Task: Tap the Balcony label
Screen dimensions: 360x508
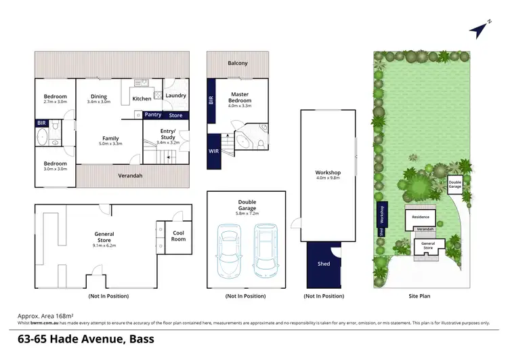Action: tap(237, 63)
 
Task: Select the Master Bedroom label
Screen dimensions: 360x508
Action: tap(241, 98)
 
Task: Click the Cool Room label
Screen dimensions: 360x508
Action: tap(177, 236)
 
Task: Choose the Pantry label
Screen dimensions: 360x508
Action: tap(153, 115)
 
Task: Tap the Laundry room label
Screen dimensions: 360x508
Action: tap(175, 96)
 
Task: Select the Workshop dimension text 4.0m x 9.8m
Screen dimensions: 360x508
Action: tap(328, 179)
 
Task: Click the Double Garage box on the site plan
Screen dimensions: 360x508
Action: tap(454, 184)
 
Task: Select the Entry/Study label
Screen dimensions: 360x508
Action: tap(167, 134)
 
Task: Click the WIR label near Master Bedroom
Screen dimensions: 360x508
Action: tap(214, 151)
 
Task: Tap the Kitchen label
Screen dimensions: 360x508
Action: tap(142, 99)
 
